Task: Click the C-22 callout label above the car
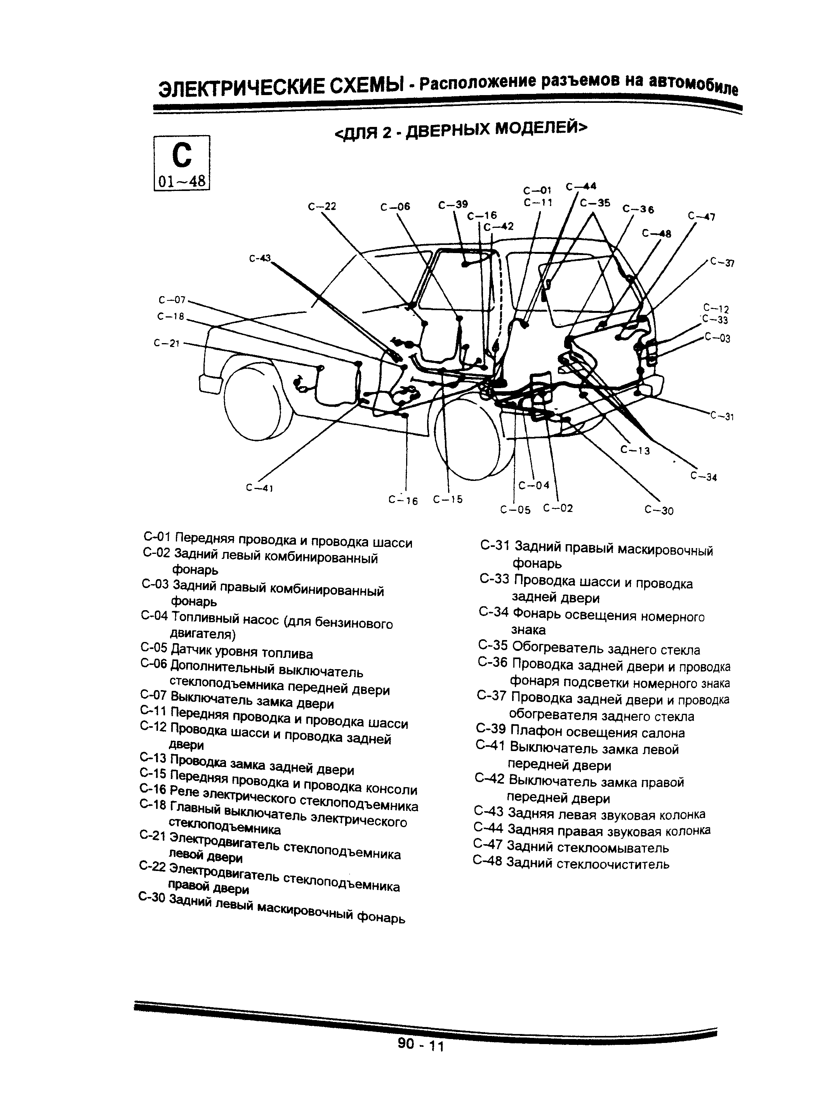tap(322, 206)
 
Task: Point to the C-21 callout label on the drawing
tap(167, 343)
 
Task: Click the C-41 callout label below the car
tap(259, 488)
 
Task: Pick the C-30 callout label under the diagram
tap(659, 510)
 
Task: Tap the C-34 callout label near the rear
tap(704, 476)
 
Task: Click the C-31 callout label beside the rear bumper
tap(722, 416)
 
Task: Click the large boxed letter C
tap(181, 155)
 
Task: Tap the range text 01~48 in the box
tap(182, 181)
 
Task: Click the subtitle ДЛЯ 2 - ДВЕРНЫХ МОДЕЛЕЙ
tap(460, 130)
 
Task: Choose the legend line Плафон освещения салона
tap(597, 732)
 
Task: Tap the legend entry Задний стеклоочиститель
tap(588, 864)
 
